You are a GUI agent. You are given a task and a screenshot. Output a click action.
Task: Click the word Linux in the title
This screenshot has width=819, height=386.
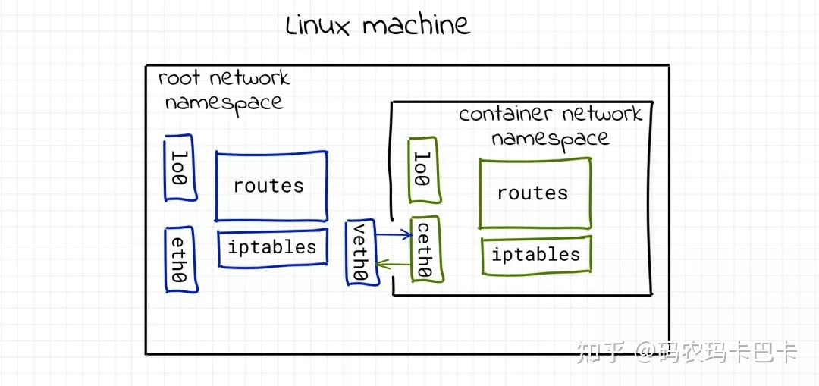coord(318,26)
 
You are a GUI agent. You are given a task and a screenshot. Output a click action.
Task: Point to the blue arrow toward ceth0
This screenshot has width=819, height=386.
coord(394,235)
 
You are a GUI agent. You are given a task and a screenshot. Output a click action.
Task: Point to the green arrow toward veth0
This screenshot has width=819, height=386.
coord(393,265)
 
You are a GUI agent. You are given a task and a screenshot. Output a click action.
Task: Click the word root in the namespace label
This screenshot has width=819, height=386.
coord(179,78)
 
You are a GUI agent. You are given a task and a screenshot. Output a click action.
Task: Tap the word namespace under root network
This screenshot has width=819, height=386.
coord(224,102)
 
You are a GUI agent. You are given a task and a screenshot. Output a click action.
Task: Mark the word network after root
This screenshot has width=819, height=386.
coord(249,78)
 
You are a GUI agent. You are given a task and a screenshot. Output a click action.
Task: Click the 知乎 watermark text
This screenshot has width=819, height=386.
coord(601,352)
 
